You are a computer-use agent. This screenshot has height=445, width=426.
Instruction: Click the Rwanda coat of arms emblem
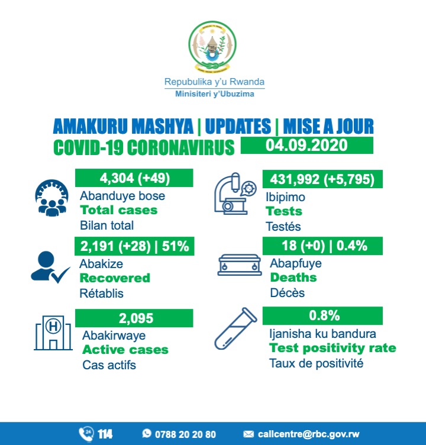[213, 46]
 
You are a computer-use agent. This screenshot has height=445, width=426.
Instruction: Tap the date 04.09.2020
[306, 146]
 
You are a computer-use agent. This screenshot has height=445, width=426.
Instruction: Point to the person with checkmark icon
[50, 267]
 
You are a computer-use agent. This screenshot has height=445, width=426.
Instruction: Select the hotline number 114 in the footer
[105, 434]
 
